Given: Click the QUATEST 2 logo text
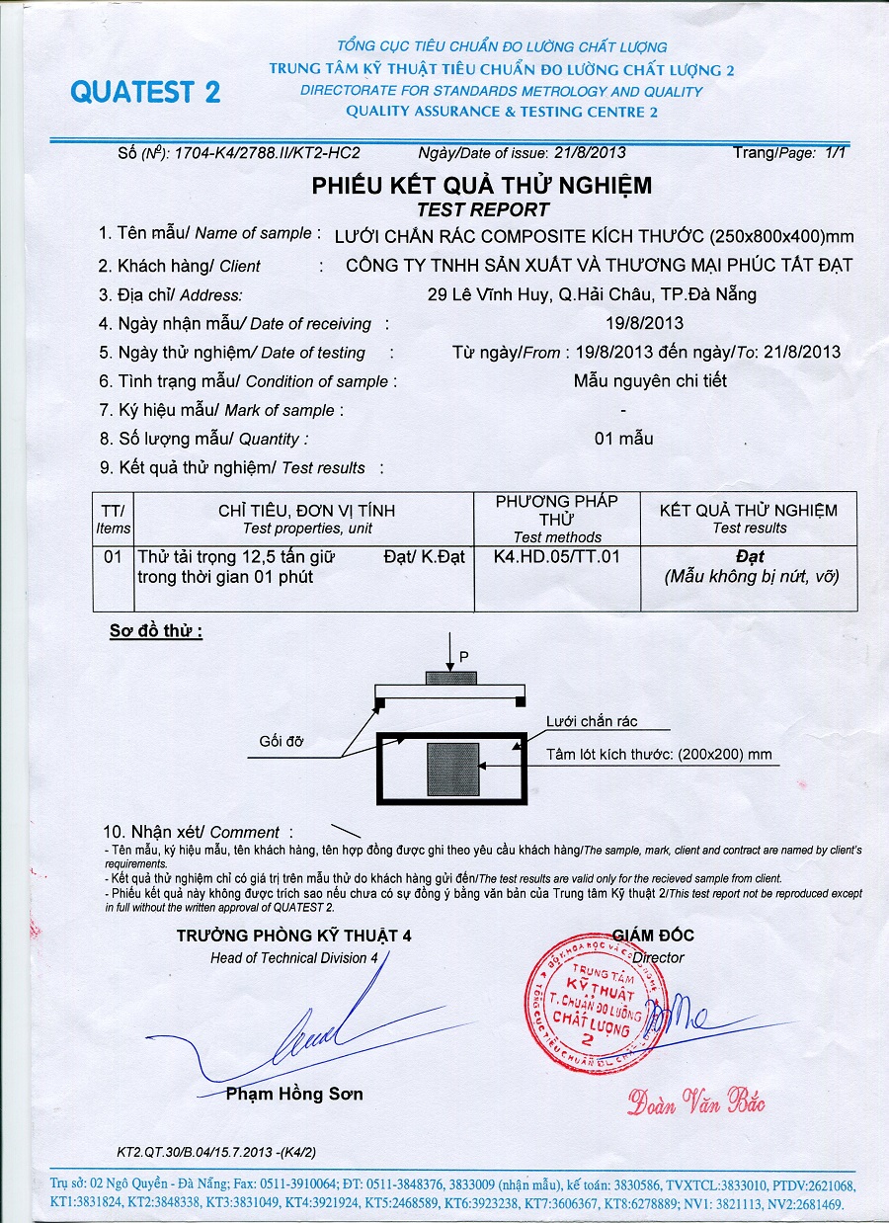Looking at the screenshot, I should (x=145, y=92).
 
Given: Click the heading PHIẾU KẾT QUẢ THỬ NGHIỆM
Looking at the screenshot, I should (x=482, y=186).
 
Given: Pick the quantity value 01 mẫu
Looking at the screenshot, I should (x=623, y=439).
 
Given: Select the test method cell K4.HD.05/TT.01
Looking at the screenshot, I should (x=557, y=557).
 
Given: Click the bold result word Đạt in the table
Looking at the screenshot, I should (x=750, y=557).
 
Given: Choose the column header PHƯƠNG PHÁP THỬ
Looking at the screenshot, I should (x=557, y=510).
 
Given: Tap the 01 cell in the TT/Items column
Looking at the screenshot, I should (x=113, y=557).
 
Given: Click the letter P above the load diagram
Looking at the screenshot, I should (x=463, y=655).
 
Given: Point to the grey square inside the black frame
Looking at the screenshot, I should (x=453, y=770).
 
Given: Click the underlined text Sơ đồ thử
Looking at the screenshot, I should (x=155, y=630).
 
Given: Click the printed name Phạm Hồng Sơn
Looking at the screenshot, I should (x=294, y=1094).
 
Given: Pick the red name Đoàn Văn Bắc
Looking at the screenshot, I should (x=695, y=1101).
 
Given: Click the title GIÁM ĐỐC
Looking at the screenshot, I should (x=653, y=936).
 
